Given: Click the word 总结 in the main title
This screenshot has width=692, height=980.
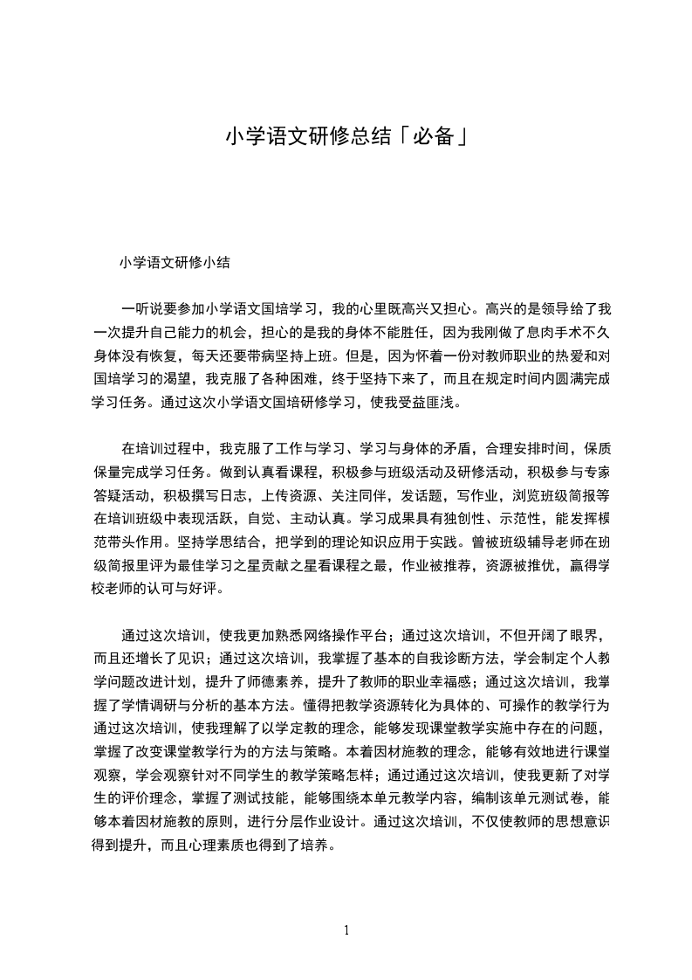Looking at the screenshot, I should click(x=373, y=136).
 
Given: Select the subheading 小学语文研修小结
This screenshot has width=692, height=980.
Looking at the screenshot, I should click(x=175, y=261).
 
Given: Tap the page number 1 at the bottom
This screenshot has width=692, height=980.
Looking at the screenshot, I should click(x=346, y=929).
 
